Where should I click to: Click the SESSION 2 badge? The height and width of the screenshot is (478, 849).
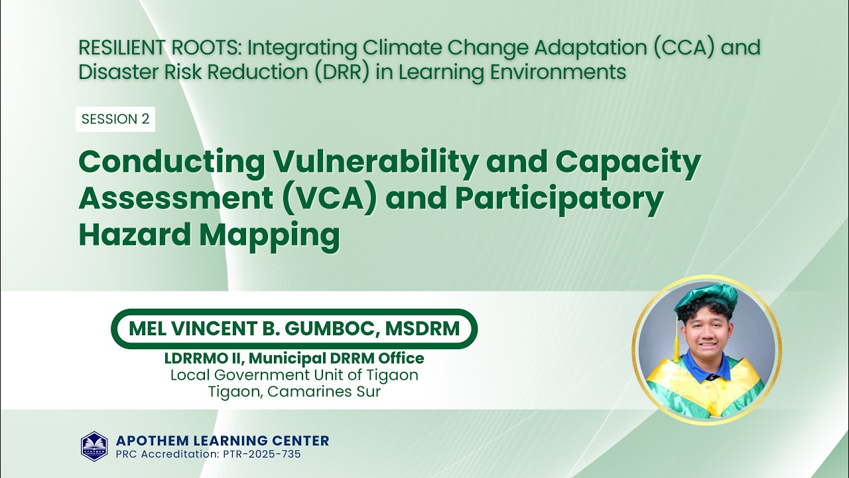point(115,119)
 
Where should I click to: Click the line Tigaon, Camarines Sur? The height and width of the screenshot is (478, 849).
point(294,392)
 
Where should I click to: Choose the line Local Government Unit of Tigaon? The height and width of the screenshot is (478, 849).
point(294,375)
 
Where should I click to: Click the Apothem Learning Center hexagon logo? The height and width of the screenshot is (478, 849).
point(94,446)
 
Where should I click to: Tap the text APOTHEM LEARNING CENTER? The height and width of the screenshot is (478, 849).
point(222,440)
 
